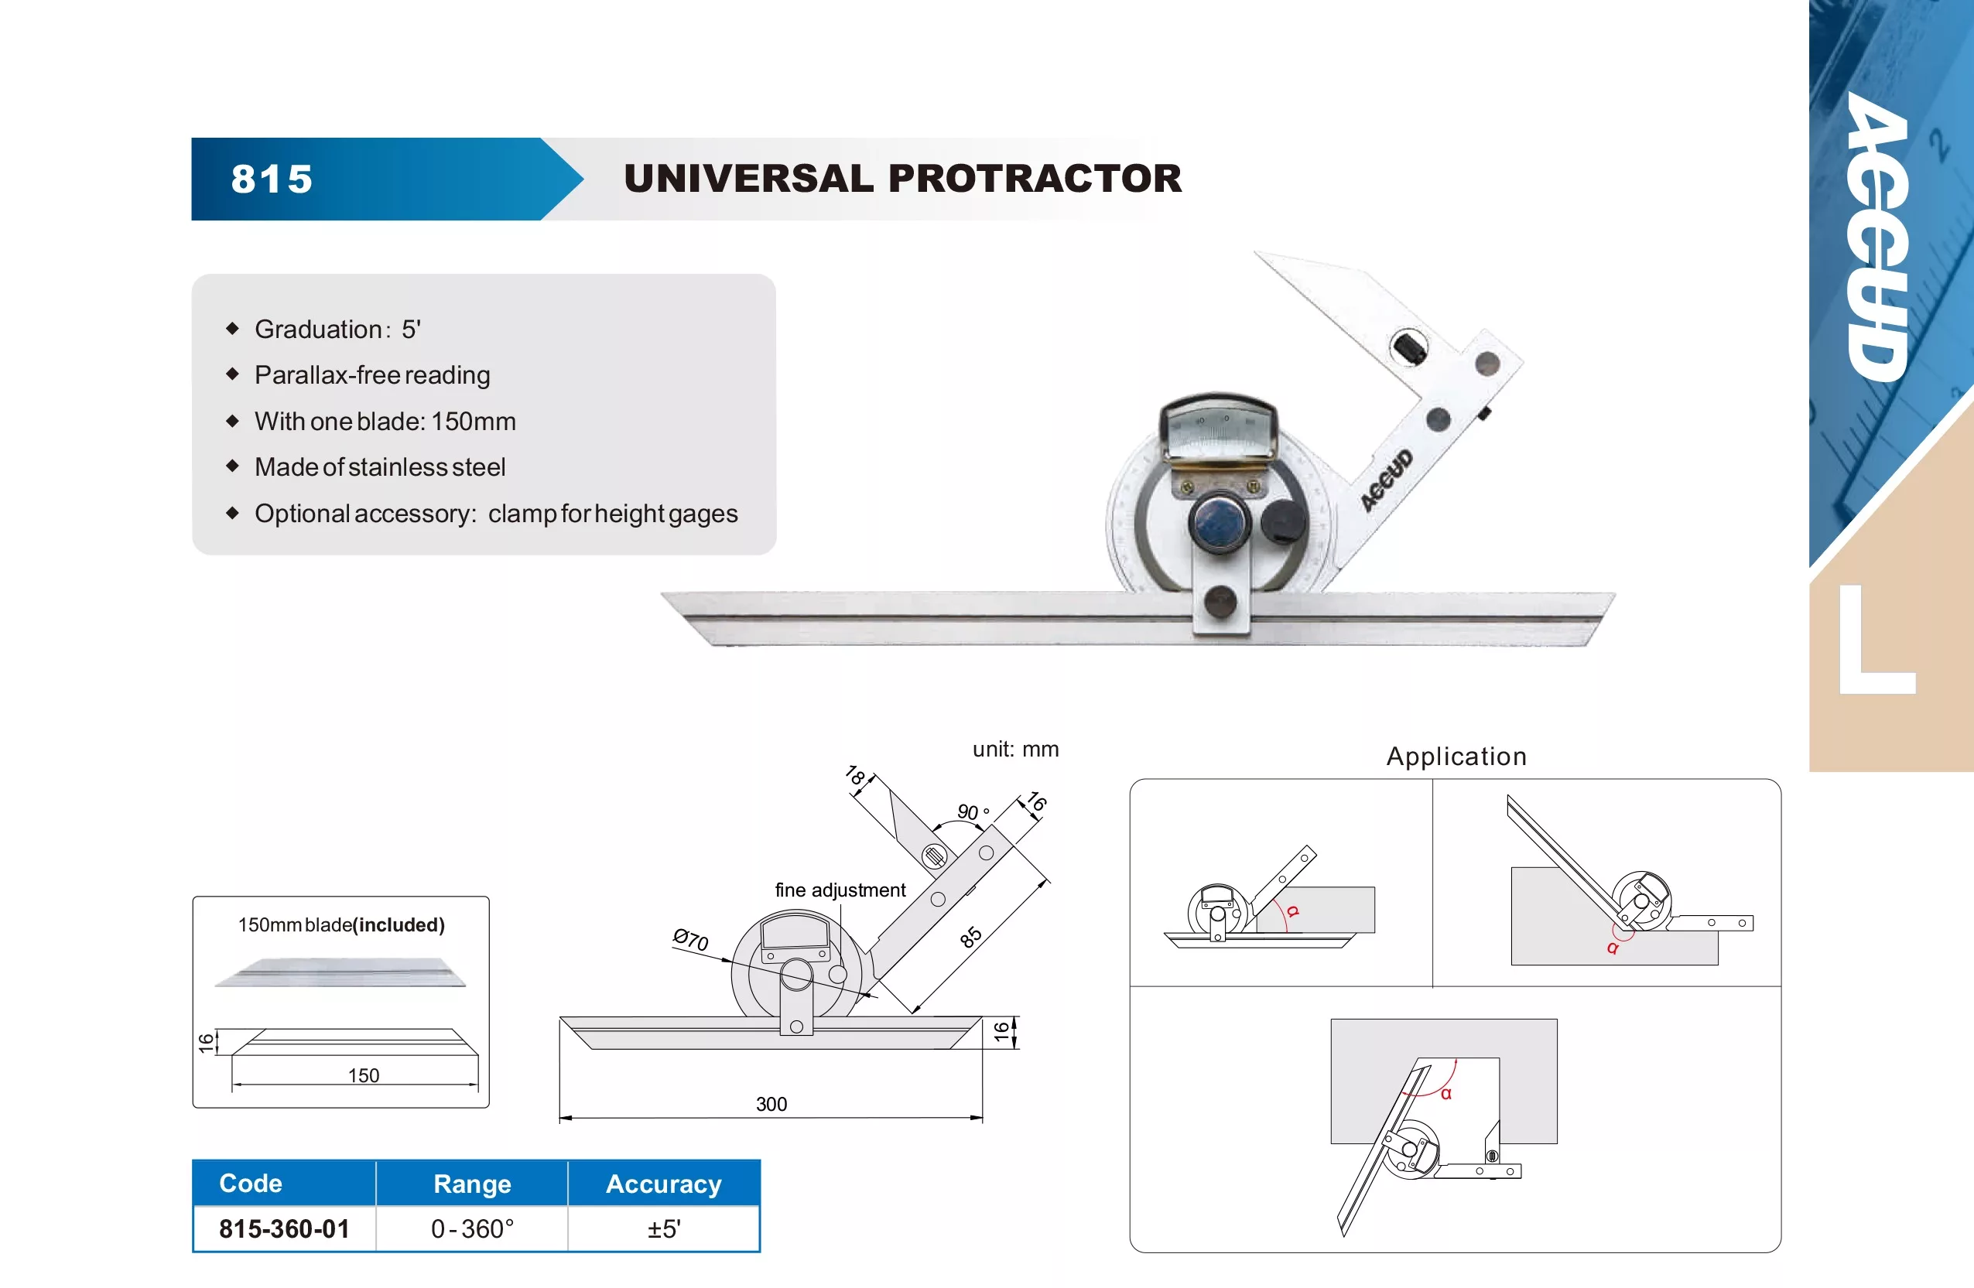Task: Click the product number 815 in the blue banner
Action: pos(272,179)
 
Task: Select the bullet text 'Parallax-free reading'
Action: pos(372,375)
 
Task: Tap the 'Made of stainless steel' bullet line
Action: pos(380,467)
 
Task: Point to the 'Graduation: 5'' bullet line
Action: pos(337,330)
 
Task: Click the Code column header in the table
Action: pos(251,1183)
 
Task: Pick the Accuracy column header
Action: pos(663,1184)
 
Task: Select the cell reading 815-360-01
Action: pos(285,1228)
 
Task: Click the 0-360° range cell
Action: pos(472,1228)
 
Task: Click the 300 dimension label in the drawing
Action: pos(771,1104)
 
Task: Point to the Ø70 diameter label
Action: pos(690,940)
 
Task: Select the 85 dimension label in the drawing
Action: pos(970,937)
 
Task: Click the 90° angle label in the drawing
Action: pos(973,811)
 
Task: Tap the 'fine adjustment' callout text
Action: pos(840,890)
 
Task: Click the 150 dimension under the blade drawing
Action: pos(363,1076)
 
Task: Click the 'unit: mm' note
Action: pos(1015,749)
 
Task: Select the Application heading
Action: pos(1456,757)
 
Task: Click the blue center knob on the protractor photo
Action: pos(1220,521)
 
